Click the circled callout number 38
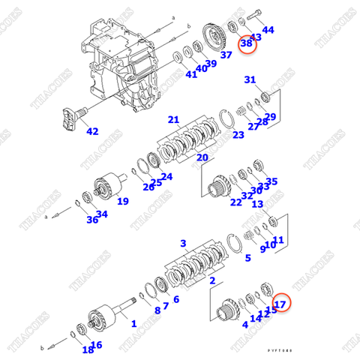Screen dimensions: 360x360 247,45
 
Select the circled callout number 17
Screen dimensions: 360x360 280,304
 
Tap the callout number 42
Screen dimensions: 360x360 92,131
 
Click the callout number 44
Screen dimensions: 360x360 268,29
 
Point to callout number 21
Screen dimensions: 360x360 173,120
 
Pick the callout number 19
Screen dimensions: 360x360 122,200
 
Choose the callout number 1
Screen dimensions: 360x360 133,324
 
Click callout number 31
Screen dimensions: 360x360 250,79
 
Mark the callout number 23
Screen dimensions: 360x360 238,135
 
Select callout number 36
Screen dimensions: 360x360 91,219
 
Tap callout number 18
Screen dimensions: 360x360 88,349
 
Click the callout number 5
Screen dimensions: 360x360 248,259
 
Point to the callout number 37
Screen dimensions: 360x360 226,55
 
